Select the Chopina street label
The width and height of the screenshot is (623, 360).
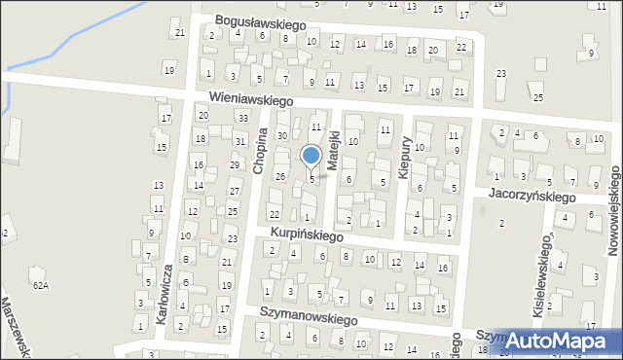[259, 152]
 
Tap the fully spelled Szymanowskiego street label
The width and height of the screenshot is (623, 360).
[309, 318]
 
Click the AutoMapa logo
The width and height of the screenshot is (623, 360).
[562, 340]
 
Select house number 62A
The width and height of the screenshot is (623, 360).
[40, 285]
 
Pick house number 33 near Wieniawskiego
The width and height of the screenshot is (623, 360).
[241, 118]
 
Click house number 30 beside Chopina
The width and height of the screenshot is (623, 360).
[281, 135]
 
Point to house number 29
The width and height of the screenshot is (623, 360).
[235, 165]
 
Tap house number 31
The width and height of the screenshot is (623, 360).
[238, 142]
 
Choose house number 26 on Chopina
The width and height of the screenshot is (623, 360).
[279, 176]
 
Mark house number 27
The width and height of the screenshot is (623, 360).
[234, 190]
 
